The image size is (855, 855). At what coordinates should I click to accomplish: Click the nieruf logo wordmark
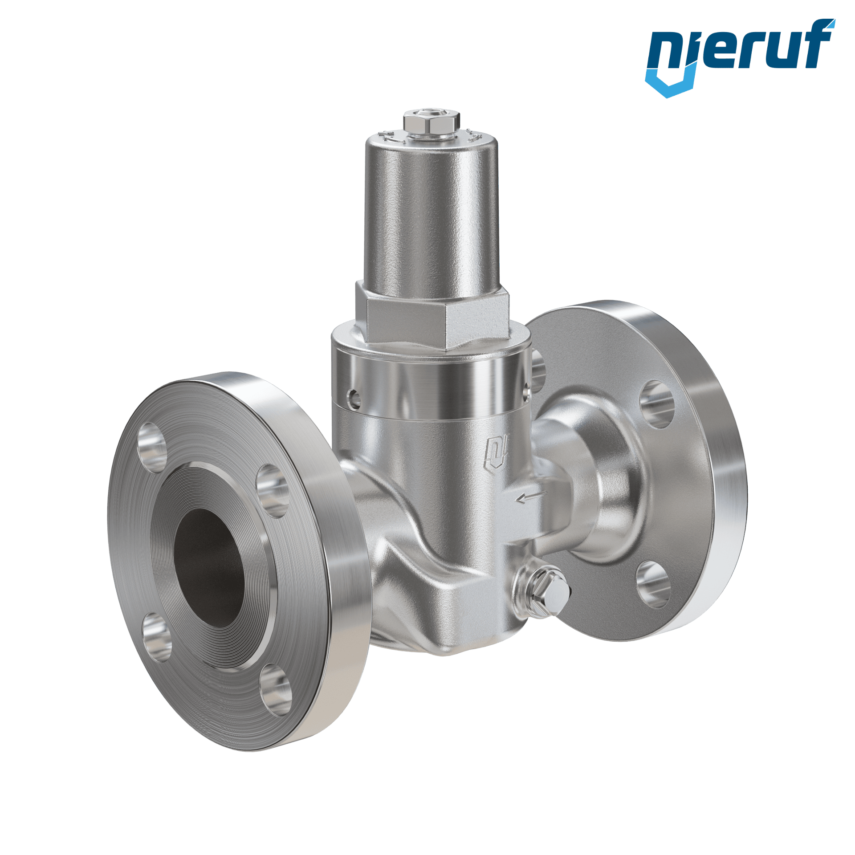click(x=740, y=56)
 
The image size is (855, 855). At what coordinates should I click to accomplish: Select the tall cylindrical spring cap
click(x=431, y=214)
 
